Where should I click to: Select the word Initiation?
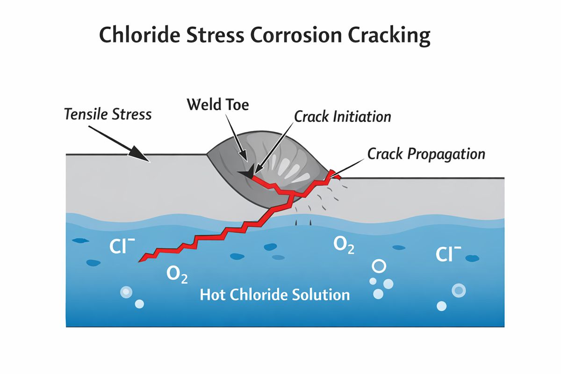361,116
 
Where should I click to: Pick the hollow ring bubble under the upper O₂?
379,266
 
